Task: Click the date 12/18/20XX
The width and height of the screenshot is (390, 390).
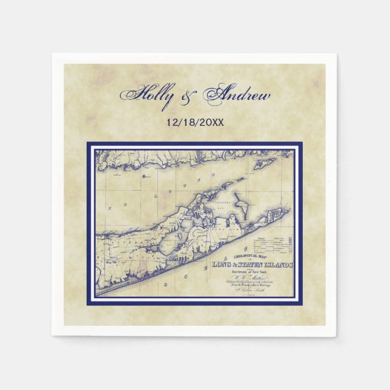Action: (x=195, y=121)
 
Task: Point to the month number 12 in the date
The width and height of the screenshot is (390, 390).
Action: (x=171, y=121)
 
